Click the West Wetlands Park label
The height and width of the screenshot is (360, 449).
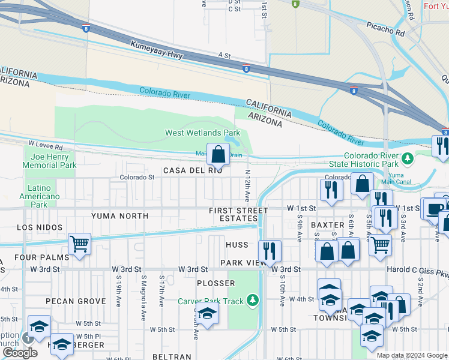[202, 133]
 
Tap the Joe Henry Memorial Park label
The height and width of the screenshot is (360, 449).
[50, 161]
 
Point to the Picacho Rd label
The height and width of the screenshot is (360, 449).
[384, 29]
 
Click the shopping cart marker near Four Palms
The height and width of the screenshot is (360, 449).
[79, 244]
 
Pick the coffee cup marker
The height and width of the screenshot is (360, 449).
[433, 209]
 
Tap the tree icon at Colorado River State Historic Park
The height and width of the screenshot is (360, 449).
[408, 159]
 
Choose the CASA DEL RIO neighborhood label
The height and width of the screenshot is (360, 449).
[193, 171]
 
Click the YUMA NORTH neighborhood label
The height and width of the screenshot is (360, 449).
[119, 215]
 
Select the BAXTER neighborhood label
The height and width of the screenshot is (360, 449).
[327, 224]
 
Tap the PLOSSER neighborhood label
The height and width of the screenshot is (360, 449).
[215, 283]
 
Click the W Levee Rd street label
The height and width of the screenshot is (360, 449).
[45, 146]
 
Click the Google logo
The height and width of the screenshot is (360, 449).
[20, 352]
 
